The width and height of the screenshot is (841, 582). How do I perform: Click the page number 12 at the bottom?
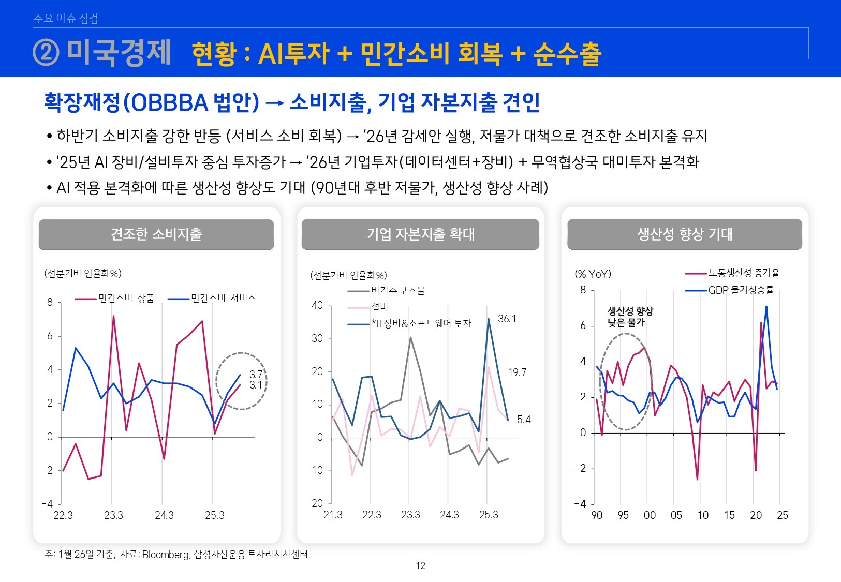tap(420, 566)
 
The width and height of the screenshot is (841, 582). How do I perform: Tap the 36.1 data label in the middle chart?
tap(507, 319)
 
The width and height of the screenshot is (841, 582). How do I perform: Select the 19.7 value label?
tap(517, 372)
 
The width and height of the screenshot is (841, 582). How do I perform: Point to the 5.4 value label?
tap(524, 420)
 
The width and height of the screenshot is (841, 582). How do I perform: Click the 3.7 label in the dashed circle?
tap(256, 374)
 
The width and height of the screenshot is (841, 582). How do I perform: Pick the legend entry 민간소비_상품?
tap(126, 299)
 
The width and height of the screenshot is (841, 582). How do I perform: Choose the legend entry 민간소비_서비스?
tap(223, 299)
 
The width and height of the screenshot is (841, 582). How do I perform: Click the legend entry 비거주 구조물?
tap(397, 291)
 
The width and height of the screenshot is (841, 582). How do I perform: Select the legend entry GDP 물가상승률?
tap(741, 290)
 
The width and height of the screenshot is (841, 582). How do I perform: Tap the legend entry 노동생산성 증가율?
tap(744, 273)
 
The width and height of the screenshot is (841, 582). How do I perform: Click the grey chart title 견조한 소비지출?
tap(156, 234)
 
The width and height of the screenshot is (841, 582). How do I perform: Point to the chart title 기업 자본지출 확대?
tap(420, 234)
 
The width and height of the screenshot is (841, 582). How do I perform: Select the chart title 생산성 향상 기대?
tap(685, 234)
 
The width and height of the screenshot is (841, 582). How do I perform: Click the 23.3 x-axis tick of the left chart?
tap(113, 515)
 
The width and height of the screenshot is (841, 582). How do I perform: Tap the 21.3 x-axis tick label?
tap(333, 515)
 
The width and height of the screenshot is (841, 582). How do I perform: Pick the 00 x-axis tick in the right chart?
tap(650, 515)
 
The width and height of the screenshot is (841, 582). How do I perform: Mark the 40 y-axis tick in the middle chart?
tap(317, 305)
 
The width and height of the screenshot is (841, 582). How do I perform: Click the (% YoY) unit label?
tap(593, 274)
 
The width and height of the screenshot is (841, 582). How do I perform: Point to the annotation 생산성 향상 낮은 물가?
tap(630, 317)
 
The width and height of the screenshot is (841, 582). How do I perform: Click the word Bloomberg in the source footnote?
tap(166, 555)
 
